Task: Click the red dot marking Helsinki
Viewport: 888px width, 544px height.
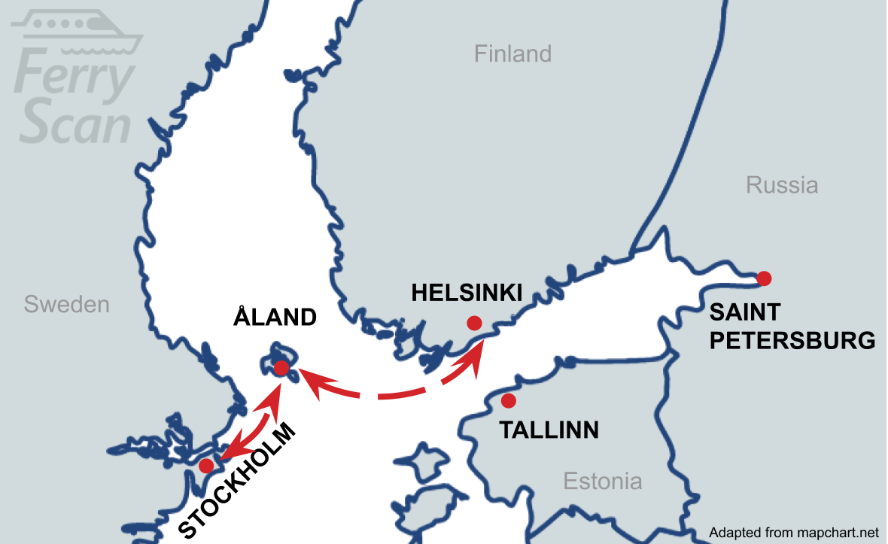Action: pyautogui.click(x=474, y=323)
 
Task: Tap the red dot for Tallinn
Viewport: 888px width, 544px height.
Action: pyautogui.click(x=509, y=400)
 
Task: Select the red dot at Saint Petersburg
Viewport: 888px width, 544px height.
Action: pyautogui.click(x=764, y=278)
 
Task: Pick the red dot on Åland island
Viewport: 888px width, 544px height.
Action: pyautogui.click(x=281, y=368)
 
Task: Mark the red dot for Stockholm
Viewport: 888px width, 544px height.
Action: pyautogui.click(x=205, y=466)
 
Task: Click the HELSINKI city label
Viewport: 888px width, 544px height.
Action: pyautogui.click(x=467, y=293)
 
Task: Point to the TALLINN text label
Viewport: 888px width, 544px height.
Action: pyautogui.click(x=549, y=430)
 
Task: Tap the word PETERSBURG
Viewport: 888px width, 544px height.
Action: pyautogui.click(x=793, y=341)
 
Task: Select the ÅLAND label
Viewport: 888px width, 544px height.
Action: pyautogui.click(x=275, y=318)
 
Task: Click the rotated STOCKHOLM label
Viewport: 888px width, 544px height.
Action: pyautogui.click(x=238, y=482)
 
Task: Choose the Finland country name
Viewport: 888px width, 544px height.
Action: pyautogui.click(x=512, y=54)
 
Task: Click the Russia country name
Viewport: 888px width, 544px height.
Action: pyautogui.click(x=782, y=185)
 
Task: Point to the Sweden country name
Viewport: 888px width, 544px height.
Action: pyautogui.click(x=66, y=305)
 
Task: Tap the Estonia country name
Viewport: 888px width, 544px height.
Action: pyautogui.click(x=603, y=482)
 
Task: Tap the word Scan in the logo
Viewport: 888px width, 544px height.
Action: pyautogui.click(x=75, y=124)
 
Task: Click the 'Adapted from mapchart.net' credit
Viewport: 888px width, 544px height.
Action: pyautogui.click(x=794, y=533)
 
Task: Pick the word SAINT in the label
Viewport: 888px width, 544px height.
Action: pyautogui.click(x=745, y=312)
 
